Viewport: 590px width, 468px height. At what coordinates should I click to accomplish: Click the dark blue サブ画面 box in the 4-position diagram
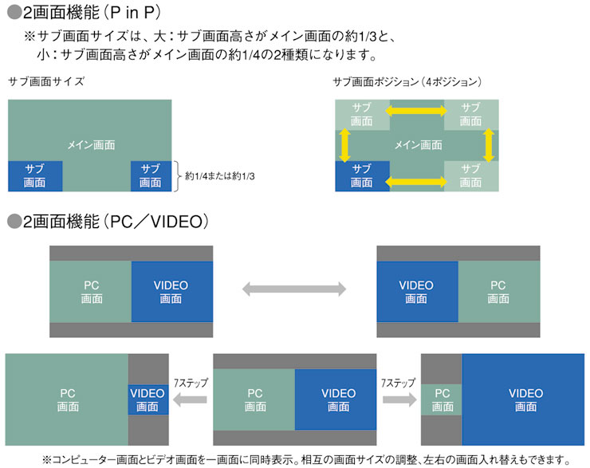pos(363,175)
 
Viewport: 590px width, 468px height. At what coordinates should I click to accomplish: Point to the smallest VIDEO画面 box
pos(147,399)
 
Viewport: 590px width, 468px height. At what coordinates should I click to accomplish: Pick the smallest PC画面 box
pos(442,399)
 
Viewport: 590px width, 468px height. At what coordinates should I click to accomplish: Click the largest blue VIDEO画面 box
pos(525,399)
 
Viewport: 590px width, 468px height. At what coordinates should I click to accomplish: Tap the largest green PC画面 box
pos(67,399)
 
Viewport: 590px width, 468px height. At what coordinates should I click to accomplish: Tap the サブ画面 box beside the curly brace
pos(151,175)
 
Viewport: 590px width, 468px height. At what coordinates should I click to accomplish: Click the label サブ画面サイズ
pos(45,81)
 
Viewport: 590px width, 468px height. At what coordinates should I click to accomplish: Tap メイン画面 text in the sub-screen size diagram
pos(91,145)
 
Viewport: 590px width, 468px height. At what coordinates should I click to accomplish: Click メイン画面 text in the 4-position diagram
pos(419,145)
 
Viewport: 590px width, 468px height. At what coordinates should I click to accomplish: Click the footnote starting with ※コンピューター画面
pos(307,459)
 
